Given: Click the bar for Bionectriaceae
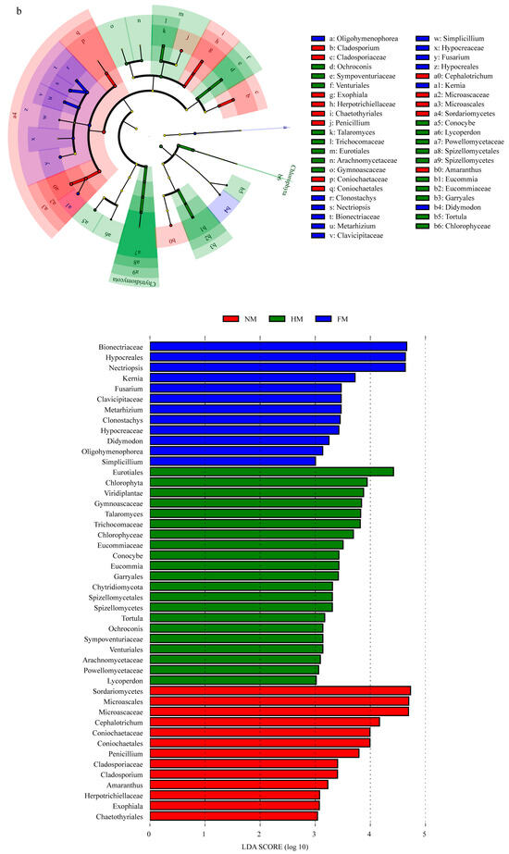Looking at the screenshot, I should [x=278, y=348].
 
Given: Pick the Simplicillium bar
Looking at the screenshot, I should [x=232, y=460].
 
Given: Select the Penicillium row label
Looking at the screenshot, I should [x=123, y=753].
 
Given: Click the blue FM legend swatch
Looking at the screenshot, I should [x=351, y=320].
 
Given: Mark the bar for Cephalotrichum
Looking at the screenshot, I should [x=264, y=722].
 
